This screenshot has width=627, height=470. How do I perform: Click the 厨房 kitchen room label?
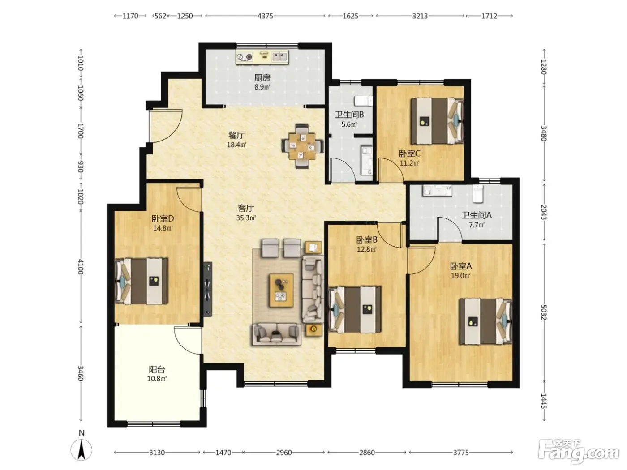[262, 77]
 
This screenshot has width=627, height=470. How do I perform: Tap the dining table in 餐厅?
[302, 146]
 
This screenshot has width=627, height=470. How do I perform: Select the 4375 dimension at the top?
[265, 16]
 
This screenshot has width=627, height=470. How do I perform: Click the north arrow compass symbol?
[82, 450]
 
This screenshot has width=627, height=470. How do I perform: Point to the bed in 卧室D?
[141, 281]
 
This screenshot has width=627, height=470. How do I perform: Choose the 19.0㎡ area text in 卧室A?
[460, 276]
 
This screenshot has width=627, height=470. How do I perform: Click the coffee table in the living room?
[281, 291]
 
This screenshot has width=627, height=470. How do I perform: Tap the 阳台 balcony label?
[157, 370]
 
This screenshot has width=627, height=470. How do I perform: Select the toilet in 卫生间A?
[477, 194]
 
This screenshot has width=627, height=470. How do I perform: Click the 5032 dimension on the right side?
[544, 312]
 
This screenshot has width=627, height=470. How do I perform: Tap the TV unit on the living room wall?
[208, 289]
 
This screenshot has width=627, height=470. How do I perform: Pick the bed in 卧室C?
[437, 121]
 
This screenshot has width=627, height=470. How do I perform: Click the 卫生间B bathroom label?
[349, 115]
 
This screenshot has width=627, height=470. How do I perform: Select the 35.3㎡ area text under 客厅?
[246, 218]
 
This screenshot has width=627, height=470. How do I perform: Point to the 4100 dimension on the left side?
[81, 267]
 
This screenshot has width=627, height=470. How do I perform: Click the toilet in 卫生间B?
[363, 101]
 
